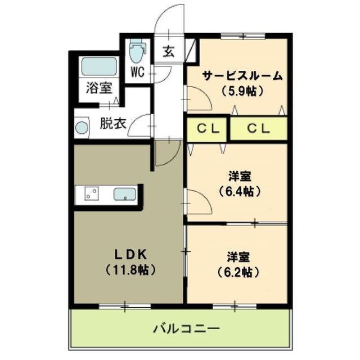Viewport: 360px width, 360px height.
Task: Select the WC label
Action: pyautogui.click(x=138, y=72)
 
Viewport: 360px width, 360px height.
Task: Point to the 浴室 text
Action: pyautogui.click(x=99, y=88)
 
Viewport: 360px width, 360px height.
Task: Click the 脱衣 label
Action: pyautogui.click(x=112, y=124)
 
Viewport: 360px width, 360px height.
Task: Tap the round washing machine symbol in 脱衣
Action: pyautogui.click(x=82, y=127)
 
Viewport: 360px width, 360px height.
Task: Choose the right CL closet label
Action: pyautogui.click(x=259, y=128)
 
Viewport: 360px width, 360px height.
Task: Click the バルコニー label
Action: pyautogui.click(x=186, y=328)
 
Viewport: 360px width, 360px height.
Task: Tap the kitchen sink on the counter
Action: pyautogui.click(x=124, y=195)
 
